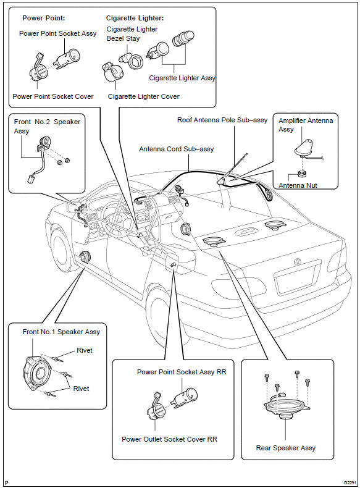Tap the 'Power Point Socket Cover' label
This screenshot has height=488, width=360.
click(53, 96)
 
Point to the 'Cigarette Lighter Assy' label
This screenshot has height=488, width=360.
click(182, 78)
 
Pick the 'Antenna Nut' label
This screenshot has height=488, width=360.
click(298, 185)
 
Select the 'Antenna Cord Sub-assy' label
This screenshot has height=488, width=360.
click(176, 149)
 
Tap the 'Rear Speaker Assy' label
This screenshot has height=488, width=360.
click(286, 448)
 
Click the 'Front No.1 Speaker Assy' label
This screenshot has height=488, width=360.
click(61, 332)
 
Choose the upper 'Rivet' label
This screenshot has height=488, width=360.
click(85, 350)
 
